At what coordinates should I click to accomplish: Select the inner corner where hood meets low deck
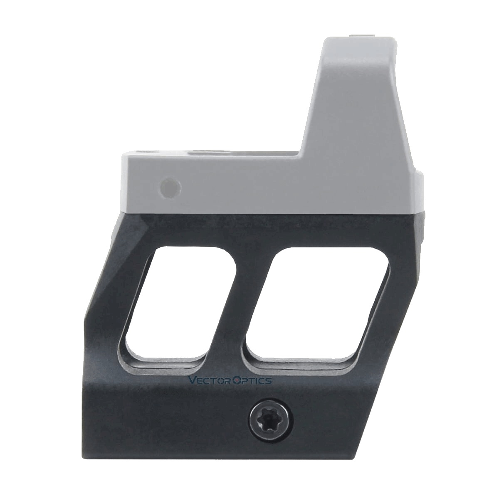(300, 157)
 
